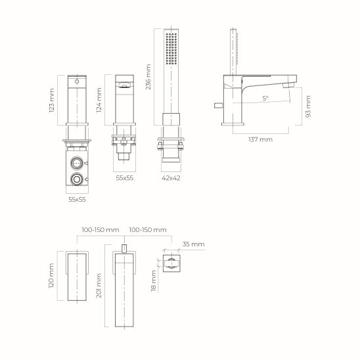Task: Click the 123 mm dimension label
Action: pyautogui.click(x=52, y=101)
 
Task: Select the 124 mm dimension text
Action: pyautogui.click(x=99, y=100)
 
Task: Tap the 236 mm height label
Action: pyautogui.click(x=148, y=77)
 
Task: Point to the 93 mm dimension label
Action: pyautogui.click(x=308, y=107)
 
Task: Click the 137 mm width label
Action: pyautogui.click(x=261, y=139)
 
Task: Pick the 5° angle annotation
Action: pyautogui.click(x=265, y=99)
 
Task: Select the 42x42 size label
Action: pyautogui.click(x=171, y=178)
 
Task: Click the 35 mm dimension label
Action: pyautogui.click(x=193, y=244)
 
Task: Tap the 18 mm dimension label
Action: pyautogui.click(x=154, y=281)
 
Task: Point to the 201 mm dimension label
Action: pyautogui.click(x=99, y=286)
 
